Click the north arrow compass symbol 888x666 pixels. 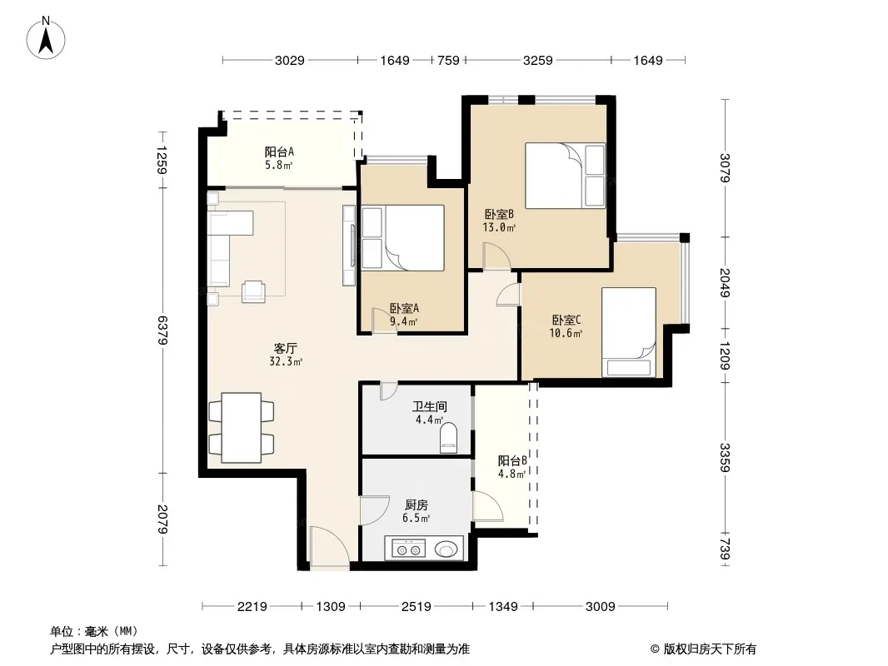coord(46,37)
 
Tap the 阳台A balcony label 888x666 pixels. coord(279,152)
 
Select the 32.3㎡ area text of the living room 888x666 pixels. coord(286,361)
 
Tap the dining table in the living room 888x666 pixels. coord(242,428)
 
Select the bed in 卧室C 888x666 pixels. coord(629,332)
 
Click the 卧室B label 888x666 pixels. coord(499,215)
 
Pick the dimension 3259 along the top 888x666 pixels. coord(537,60)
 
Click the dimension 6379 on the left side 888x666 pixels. coord(162,330)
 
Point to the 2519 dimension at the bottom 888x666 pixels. coord(417,607)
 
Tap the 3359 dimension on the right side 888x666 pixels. coord(725,457)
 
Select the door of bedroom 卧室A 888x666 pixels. coord(384,321)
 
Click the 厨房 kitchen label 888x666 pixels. coord(417,504)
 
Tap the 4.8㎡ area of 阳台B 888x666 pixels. coord(511,474)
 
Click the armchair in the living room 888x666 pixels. coord(253,291)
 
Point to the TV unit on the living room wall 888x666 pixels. coord(349,246)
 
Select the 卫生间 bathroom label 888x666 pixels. coord(429,406)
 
